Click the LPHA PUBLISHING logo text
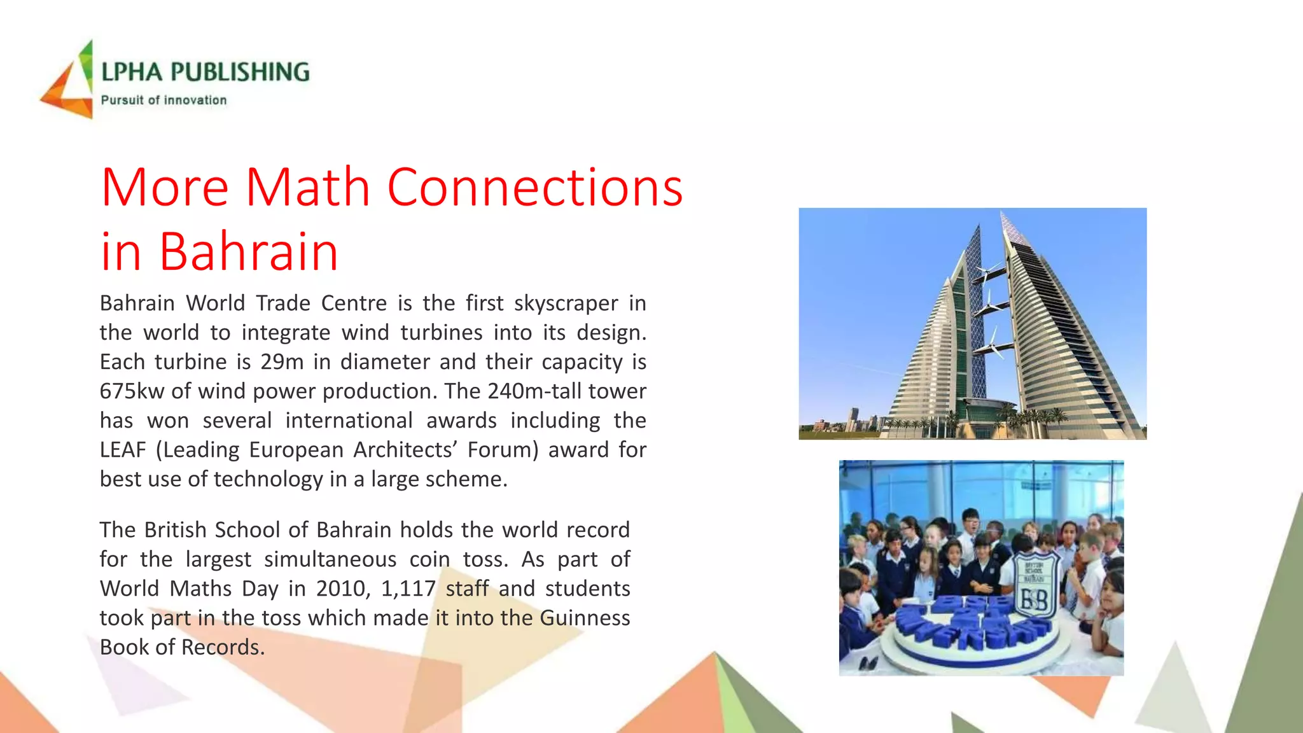(x=205, y=72)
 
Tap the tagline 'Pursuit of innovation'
(x=164, y=100)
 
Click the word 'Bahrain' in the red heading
(x=248, y=251)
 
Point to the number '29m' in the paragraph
(x=282, y=362)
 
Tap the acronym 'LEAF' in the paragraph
(x=123, y=450)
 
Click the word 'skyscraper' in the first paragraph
(x=566, y=304)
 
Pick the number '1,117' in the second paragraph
(x=408, y=589)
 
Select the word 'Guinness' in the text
(x=585, y=618)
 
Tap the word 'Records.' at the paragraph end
(x=223, y=647)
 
